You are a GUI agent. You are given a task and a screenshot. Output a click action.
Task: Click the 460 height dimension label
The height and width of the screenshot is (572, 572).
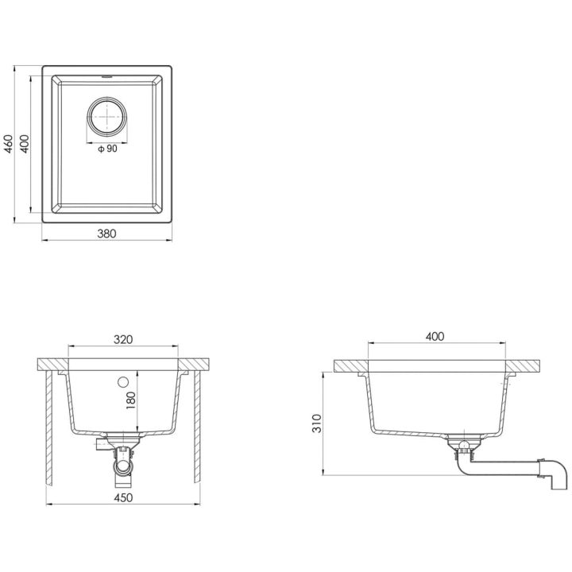pyautogui.click(x=9, y=144)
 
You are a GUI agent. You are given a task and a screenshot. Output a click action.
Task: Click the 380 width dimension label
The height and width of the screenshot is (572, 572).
pyautogui.click(x=106, y=234)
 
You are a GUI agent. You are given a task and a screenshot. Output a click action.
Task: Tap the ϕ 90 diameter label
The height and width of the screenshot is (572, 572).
pyautogui.click(x=107, y=149)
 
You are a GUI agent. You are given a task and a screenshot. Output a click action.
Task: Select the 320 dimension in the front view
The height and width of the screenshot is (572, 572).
pyautogui.click(x=123, y=339)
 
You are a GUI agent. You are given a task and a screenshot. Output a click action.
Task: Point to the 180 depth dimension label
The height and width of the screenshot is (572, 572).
pyautogui.click(x=130, y=400)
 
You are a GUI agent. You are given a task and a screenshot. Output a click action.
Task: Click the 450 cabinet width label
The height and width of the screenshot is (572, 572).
pyautogui.click(x=123, y=497)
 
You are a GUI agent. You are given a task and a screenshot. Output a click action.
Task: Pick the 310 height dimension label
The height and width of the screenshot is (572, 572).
pyautogui.click(x=317, y=423)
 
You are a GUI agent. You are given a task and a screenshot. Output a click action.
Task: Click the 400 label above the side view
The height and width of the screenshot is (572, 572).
pyautogui.click(x=435, y=336)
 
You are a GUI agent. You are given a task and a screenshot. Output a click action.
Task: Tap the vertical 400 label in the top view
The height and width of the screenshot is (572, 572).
pyautogui.click(x=24, y=144)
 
